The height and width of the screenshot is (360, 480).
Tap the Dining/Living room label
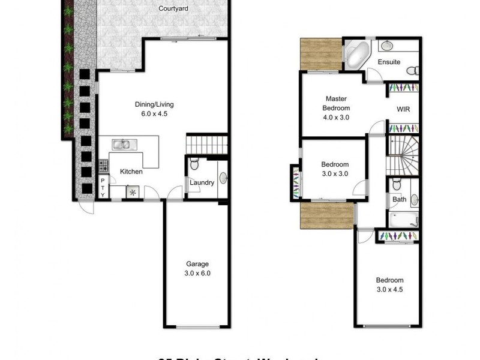point(154,108)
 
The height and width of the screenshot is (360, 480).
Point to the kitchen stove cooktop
point(103,164)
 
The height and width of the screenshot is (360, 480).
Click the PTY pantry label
point(103,187)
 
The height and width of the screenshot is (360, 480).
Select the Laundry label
point(202,183)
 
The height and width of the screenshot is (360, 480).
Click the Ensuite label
point(389,62)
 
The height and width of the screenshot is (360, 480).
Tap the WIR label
point(403,110)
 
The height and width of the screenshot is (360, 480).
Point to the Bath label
point(398,199)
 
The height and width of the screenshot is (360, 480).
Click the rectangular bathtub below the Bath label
point(403,220)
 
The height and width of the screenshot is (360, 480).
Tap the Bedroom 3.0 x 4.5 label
point(389,284)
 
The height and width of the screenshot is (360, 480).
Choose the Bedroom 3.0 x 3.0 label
point(335,169)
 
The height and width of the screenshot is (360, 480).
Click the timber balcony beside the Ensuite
point(320,55)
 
